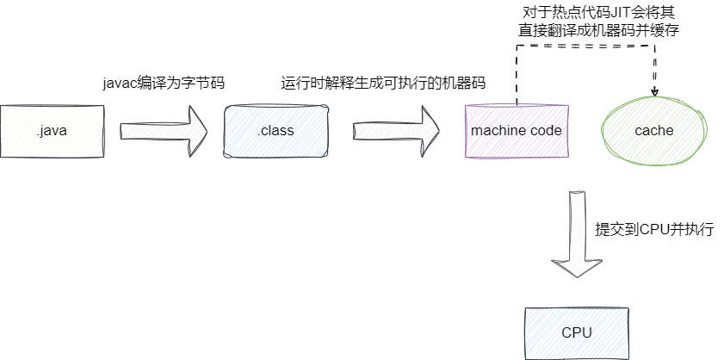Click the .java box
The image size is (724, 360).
[x=52, y=131]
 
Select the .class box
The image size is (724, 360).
[x=275, y=131]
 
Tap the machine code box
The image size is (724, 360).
[x=517, y=131]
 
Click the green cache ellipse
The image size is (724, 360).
[x=654, y=131]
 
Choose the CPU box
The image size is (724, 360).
[x=576, y=332]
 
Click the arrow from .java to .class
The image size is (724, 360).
[x=164, y=131]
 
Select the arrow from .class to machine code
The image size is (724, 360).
[x=396, y=131]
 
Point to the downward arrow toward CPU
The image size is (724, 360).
[x=576, y=233]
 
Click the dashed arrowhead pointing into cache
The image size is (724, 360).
[x=654, y=91]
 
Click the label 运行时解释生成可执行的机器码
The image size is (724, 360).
[x=383, y=84]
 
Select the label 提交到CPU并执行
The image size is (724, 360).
[x=654, y=231]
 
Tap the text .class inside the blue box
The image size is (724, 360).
[x=275, y=131]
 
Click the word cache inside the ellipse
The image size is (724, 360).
[x=654, y=131]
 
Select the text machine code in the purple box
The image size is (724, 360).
[x=517, y=131]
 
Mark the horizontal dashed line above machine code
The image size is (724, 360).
[x=585, y=46]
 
